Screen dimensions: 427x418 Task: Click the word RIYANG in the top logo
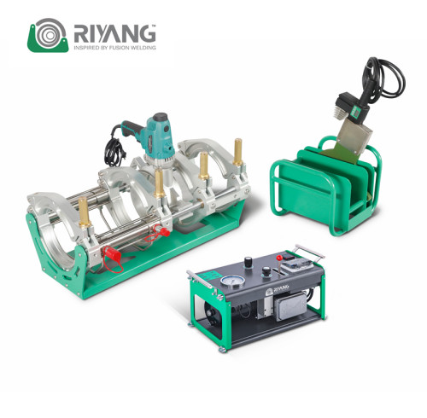[114, 33]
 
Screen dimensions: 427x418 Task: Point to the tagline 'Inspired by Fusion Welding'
[114, 48]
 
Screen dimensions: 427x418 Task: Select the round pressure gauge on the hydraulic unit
[234, 282]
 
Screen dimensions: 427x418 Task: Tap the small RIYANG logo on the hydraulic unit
[277, 290]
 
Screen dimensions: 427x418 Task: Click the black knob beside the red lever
[266, 271]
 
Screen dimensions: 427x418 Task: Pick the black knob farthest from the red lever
[249, 262]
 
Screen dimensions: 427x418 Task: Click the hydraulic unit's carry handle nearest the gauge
[200, 280]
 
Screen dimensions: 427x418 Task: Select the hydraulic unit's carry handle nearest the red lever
[310, 252]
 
